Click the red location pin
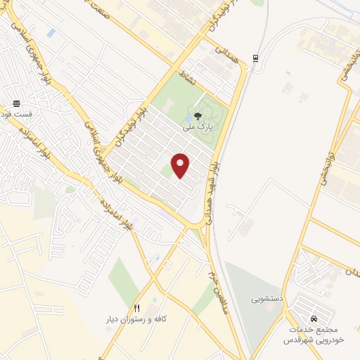coord(181,165)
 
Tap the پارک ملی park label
coord(197,128)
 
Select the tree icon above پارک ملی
coord(198,116)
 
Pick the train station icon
coord(255,58)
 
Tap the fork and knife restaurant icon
coord(137,308)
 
